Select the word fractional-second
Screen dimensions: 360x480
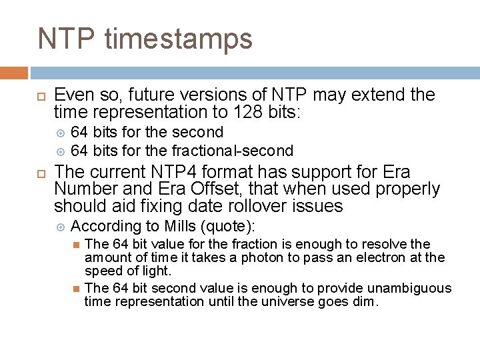tap(233, 151)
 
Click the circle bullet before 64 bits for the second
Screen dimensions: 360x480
tap(61, 133)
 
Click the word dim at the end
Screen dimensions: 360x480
tap(366, 301)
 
